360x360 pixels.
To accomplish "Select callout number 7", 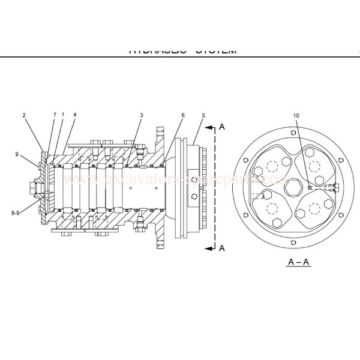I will tap(54, 114).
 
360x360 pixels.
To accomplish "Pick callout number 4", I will tap(74, 114).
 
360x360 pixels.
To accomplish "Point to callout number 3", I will tap(142, 114).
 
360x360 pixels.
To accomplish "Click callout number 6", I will tap(183, 115).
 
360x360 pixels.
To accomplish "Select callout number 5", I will tap(203, 115).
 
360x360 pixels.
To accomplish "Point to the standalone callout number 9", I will tap(17, 154).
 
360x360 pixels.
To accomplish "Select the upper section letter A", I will tap(222, 127).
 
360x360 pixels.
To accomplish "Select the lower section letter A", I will tap(222, 247).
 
